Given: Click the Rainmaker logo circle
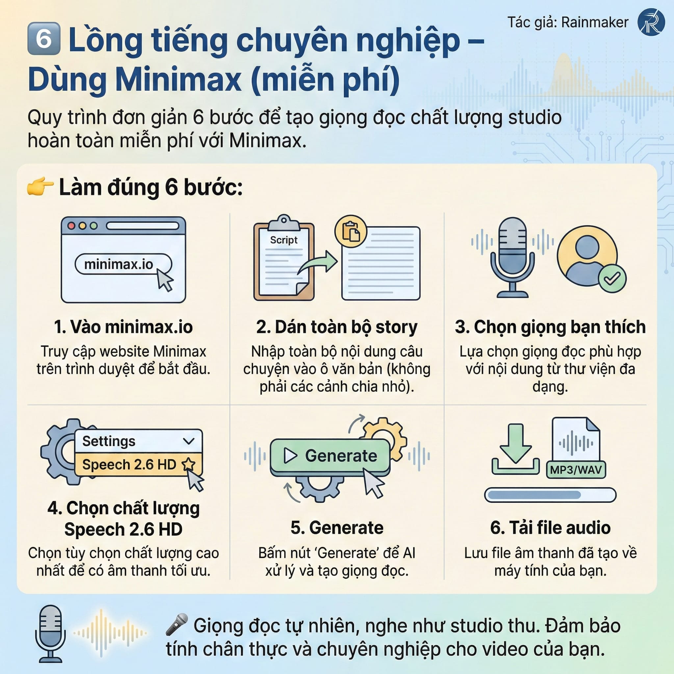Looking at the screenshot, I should (x=651, y=22).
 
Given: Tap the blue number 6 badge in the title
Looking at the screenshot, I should (x=44, y=39).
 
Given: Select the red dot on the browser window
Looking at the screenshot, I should (x=71, y=226).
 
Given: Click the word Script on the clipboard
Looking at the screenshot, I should (x=284, y=240).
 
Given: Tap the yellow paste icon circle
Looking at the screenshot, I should (x=350, y=231).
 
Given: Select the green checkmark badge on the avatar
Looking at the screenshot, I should (x=612, y=278).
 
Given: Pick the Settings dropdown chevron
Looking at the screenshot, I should (x=189, y=441).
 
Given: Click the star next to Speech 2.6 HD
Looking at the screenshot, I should (x=189, y=464).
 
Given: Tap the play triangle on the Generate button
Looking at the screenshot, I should (x=290, y=455).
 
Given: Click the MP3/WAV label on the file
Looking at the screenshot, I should (x=576, y=470).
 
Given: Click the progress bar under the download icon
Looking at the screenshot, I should (x=550, y=495).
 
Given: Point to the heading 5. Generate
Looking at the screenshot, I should (x=337, y=528).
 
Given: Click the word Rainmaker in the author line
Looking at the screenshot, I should (x=595, y=22).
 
